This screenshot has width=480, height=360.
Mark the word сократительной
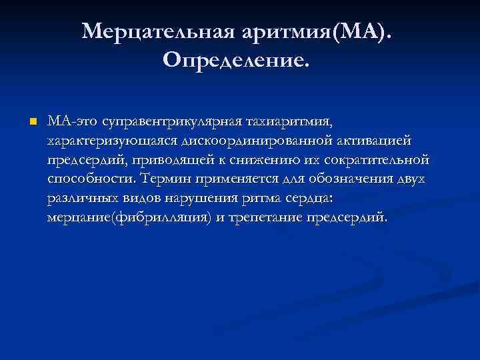click(x=381, y=161)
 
